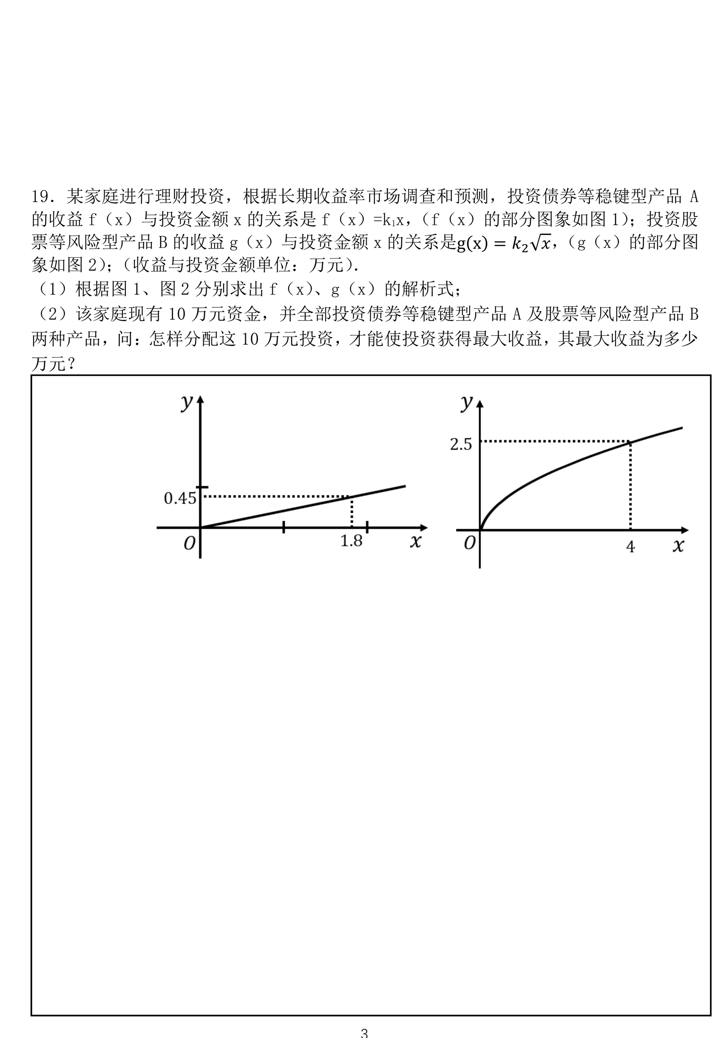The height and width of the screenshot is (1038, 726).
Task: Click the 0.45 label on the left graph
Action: point(180,498)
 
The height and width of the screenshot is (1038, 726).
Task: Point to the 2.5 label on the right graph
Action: point(461,444)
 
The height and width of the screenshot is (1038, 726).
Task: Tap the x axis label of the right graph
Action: point(678,546)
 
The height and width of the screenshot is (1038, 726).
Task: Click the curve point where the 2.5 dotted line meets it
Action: point(630,441)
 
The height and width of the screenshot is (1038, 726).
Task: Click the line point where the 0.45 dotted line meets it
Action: point(352,496)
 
